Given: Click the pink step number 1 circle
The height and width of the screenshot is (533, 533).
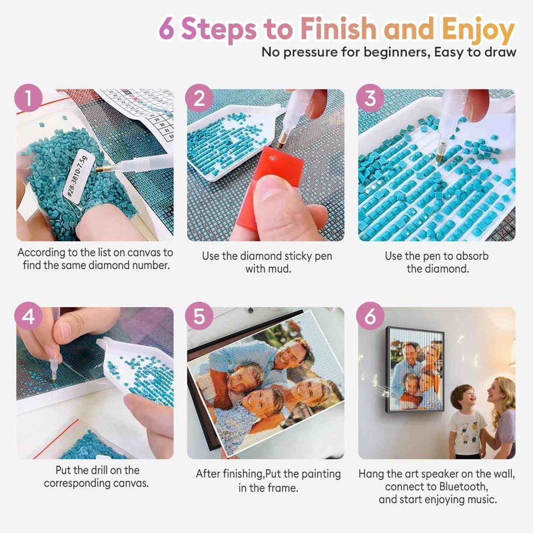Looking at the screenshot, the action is [29, 98].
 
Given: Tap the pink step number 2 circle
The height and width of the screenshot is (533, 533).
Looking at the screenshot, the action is [199, 98].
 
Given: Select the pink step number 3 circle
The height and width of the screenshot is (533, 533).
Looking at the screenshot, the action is [370, 98].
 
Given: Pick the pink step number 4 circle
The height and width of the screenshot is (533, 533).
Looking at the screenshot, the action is [29, 316].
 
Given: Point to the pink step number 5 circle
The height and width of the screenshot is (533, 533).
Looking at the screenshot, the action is [199, 316].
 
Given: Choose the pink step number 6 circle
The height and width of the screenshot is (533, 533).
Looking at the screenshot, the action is [370, 316].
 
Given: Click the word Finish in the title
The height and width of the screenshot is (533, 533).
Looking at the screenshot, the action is [338, 28].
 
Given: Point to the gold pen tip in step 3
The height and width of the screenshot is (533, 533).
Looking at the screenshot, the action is [440, 157].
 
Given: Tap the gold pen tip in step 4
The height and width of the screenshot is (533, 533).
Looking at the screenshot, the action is [54, 377].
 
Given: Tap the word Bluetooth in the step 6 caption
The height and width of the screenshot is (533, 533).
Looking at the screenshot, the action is [463, 487].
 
